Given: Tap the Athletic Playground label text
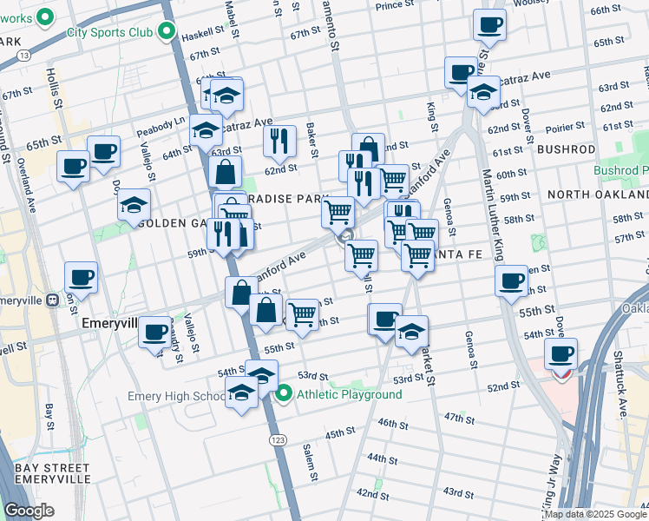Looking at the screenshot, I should click(x=350, y=395).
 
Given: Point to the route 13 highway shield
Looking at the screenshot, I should click(x=21, y=56).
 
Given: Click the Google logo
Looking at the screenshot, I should click(x=29, y=511).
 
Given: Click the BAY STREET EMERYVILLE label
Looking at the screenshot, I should click(x=53, y=473).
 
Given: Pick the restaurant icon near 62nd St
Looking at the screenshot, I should click(x=279, y=140).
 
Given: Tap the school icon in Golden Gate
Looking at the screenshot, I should click(x=134, y=204).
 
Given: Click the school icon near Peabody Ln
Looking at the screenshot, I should click(x=206, y=130).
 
